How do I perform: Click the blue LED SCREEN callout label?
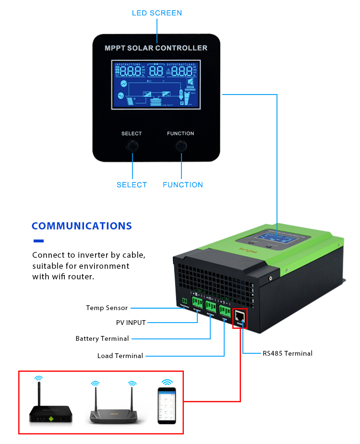click(x=157, y=13)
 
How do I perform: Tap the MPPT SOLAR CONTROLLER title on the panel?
click(x=156, y=48)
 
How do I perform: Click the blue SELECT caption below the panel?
click(x=132, y=185)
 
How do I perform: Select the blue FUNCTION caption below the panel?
click(x=182, y=185)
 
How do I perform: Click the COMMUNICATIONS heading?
click(x=82, y=226)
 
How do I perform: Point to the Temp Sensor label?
click(x=107, y=308)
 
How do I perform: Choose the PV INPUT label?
click(x=131, y=323)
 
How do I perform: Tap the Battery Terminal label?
click(x=102, y=338)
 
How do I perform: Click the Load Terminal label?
click(x=120, y=356)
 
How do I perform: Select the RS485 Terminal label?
click(x=287, y=353)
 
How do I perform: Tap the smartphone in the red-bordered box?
click(x=167, y=406)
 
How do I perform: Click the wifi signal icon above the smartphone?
click(x=167, y=382)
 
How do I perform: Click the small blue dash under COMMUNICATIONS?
click(x=38, y=241)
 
